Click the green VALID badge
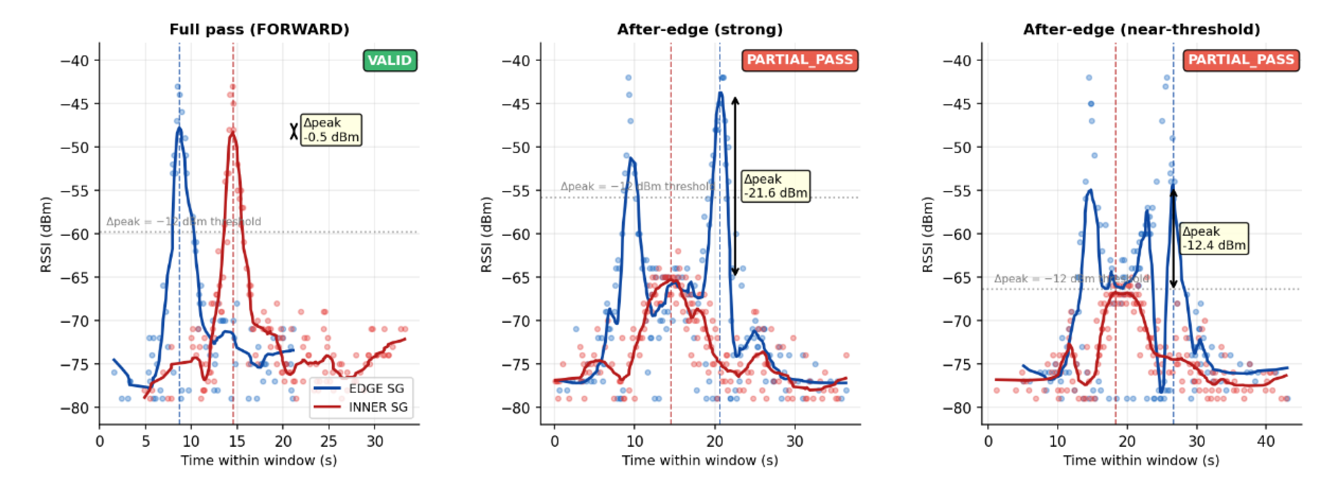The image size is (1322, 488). coord(389,60)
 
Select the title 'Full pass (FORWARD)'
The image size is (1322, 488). coord(259,29)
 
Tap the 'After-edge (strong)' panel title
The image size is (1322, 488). coord(700,29)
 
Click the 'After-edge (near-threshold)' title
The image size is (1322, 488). coord(1141,29)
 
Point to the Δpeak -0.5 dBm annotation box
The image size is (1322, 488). coord(331,130)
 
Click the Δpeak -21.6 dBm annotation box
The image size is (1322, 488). coord(775,186)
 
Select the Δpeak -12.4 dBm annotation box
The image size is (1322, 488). coord(1214,238)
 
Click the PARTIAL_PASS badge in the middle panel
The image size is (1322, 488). coord(800,60)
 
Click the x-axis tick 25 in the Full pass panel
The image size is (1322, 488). coord(329,441)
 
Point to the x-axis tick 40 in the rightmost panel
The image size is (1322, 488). coord(1266,441)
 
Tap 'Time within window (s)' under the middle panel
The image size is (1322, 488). coord(700,460)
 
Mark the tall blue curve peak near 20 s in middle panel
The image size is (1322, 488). coord(720,93)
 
